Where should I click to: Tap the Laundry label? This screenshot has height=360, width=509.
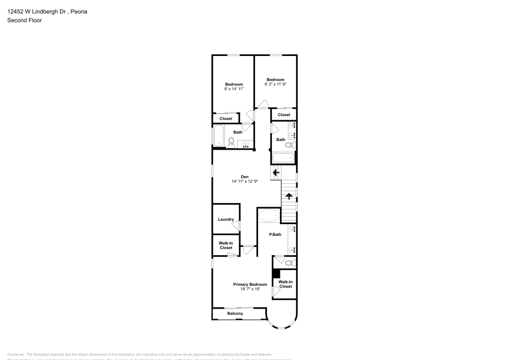coord(225,219)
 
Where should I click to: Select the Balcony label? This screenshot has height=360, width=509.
coord(235,314)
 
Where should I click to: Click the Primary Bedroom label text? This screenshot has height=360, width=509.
coord(250,284)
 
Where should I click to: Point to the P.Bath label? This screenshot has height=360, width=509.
coord(275,234)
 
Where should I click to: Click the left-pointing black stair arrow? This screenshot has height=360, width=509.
coord(276,173)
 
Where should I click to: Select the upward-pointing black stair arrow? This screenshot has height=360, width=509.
coord(289,196)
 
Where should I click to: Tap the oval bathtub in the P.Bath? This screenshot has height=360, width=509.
coord(269,216)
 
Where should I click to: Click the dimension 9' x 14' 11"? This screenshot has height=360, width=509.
coord(234,89)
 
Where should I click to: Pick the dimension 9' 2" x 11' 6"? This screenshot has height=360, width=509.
coord(275,84)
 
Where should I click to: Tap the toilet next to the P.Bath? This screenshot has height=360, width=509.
coord(289,263)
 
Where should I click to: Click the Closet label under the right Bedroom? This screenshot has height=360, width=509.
coord(284,115)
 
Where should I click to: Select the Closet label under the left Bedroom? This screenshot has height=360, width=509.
coord(225,119)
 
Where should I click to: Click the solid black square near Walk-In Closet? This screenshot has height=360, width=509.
coord(276,273)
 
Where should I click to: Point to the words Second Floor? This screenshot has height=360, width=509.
coord(24,20)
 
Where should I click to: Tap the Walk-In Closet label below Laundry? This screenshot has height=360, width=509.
coord(225,245)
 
